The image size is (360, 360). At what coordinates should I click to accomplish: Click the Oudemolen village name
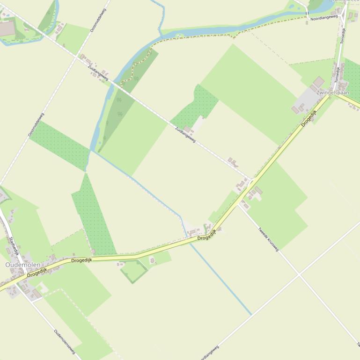(x=22, y=265)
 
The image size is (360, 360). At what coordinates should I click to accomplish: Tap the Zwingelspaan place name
(x=332, y=93)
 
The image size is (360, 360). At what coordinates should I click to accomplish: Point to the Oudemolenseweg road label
(x=64, y=341)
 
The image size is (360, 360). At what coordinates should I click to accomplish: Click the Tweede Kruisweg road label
(x=268, y=239)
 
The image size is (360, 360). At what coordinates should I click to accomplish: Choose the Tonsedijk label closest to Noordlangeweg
(x=343, y=36)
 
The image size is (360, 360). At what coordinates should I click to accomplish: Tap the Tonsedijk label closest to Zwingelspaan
(x=336, y=75)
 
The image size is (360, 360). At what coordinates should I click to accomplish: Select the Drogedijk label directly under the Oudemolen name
(x=37, y=273)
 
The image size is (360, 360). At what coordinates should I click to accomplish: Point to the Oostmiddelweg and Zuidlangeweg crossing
(x=76, y=57)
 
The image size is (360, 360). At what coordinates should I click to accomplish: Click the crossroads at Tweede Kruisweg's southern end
(x=299, y=274)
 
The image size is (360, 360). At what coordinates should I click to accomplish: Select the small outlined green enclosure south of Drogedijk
(x=134, y=271)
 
